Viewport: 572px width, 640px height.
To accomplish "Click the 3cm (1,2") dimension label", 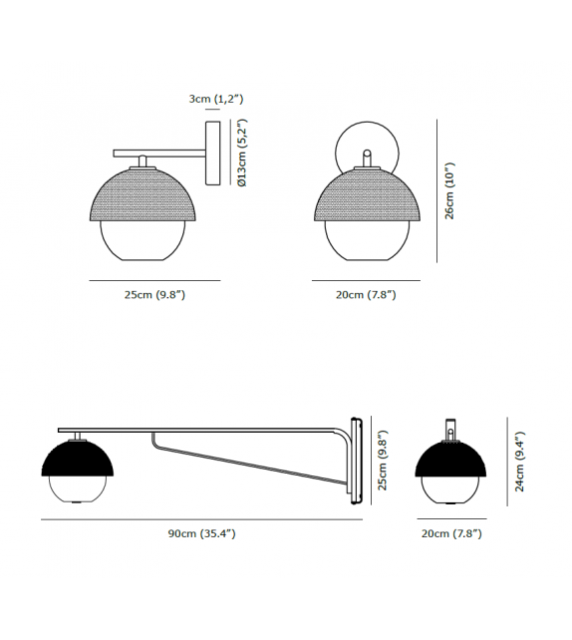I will (x=216, y=100).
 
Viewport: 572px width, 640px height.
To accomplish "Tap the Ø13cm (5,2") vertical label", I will (x=241, y=153).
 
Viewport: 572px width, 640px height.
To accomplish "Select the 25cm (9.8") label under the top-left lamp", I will (x=154, y=295).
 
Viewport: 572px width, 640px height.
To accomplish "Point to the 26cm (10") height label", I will (x=449, y=191).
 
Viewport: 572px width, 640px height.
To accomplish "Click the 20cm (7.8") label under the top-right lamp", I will (x=367, y=295).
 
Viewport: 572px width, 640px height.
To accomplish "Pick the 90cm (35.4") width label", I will (x=201, y=534).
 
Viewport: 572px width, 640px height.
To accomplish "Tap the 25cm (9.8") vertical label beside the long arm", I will (x=381, y=462).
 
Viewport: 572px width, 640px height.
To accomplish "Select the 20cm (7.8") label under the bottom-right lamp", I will (x=451, y=534).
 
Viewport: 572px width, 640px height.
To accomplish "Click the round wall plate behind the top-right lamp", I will (x=366, y=150).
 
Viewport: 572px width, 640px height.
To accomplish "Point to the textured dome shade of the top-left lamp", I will (x=144, y=196).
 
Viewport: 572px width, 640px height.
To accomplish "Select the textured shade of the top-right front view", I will (x=366, y=199).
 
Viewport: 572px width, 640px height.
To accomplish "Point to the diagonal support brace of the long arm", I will (x=249, y=462).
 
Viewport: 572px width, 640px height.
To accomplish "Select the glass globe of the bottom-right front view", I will (x=450, y=491).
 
